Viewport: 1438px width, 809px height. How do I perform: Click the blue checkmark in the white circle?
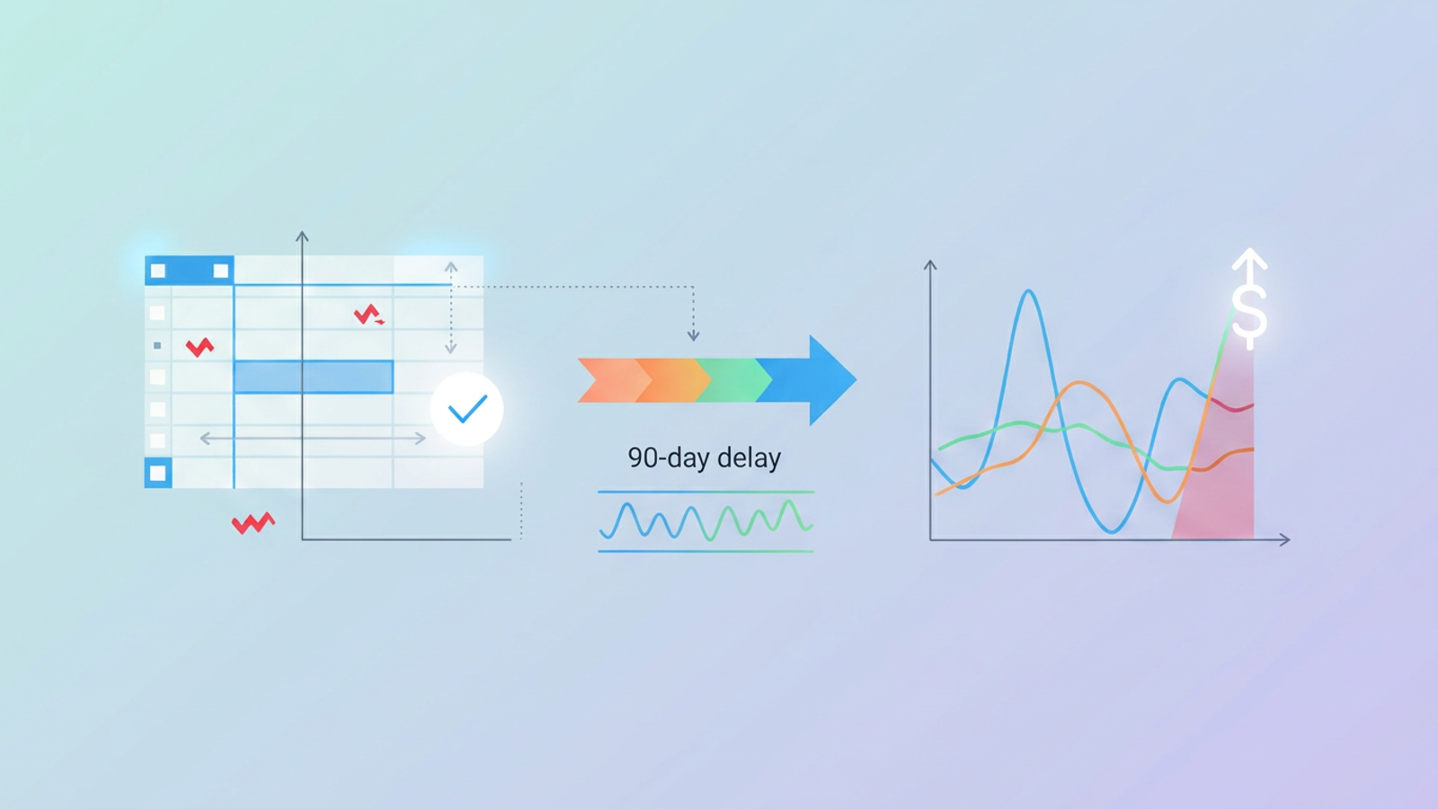point(467,409)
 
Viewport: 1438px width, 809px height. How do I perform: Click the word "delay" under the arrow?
point(749,458)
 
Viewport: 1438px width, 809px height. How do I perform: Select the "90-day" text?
point(668,458)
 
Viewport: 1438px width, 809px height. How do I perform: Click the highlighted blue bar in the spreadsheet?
point(314,378)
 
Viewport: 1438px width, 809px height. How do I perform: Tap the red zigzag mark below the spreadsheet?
point(253,523)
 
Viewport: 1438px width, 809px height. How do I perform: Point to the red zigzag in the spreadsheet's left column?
point(200,346)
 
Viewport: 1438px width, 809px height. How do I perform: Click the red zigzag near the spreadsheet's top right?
point(368,315)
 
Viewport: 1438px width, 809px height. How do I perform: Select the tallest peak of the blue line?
point(1029,291)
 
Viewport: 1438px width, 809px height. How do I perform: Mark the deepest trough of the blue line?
point(1111,531)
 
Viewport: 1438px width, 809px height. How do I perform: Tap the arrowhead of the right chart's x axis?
point(1285,539)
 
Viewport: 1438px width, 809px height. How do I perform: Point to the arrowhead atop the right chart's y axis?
point(930,265)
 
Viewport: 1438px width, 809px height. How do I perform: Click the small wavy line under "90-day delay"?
point(706,520)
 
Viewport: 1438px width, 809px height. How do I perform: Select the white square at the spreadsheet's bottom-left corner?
point(158,473)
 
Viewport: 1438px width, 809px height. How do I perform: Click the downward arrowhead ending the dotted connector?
point(693,336)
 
